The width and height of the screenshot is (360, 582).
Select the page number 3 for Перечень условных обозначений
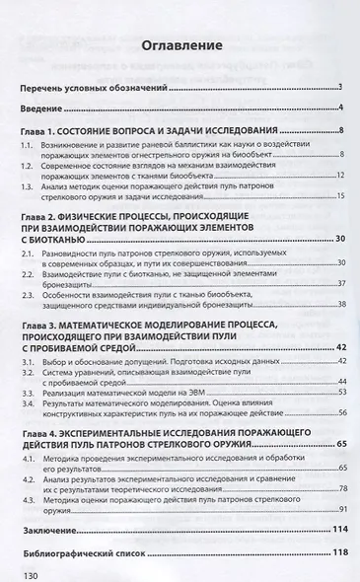[x=338, y=87]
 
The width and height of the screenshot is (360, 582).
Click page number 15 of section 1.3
[x=337, y=197]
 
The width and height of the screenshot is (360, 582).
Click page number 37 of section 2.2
[x=337, y=284]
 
